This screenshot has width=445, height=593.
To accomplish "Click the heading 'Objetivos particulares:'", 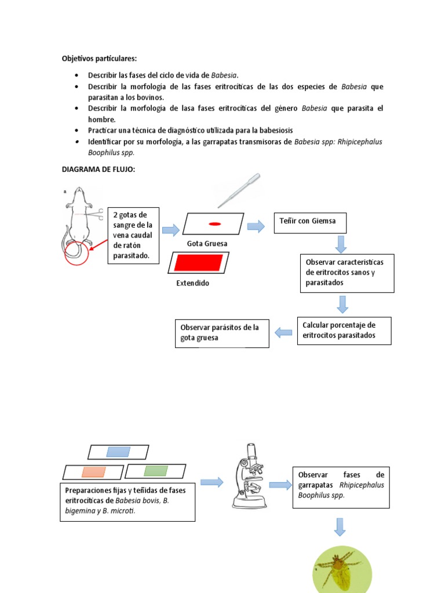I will [100, 58].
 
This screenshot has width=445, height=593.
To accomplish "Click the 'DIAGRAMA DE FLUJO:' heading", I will [99, 169].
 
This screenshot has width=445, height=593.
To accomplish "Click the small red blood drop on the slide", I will [214, 224].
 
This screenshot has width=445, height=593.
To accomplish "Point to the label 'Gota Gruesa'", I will [207, 244].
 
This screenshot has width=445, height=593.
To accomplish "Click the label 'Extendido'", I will [193, 283].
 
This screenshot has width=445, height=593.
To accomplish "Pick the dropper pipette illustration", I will [238, 191].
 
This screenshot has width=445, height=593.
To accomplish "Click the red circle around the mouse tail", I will [76, 250].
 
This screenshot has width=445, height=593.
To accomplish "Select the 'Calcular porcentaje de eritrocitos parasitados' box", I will [344, 330].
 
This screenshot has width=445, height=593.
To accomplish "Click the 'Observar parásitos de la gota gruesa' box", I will [222, 333].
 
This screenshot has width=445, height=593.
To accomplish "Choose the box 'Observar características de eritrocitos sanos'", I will [346, 273].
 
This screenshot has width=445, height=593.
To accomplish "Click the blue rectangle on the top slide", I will [118, 452].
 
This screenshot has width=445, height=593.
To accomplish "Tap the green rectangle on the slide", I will [155, 471].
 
